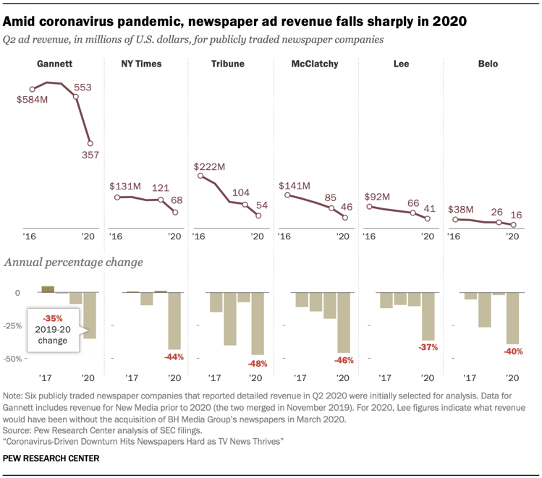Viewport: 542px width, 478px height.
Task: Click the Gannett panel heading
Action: coord(56,64)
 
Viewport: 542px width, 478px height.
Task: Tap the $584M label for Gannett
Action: coord(33,98)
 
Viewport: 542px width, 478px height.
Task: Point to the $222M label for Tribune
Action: coord(211,167)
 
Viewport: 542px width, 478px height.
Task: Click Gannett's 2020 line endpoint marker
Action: coord(90,142)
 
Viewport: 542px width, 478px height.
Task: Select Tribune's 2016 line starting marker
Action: coord(198,176)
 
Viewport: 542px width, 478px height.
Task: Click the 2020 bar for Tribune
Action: coord(258,323)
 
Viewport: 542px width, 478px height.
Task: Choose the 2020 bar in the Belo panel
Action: coord(512,318)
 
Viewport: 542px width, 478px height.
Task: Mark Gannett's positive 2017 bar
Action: coord(48,289)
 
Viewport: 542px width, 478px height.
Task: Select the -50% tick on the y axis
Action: coord(14,358)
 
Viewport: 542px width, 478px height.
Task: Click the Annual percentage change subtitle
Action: coord(74,262)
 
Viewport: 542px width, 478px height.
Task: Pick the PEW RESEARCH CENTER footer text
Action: coord(51,458)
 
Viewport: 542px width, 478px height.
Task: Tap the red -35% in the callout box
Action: coord(52,317)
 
